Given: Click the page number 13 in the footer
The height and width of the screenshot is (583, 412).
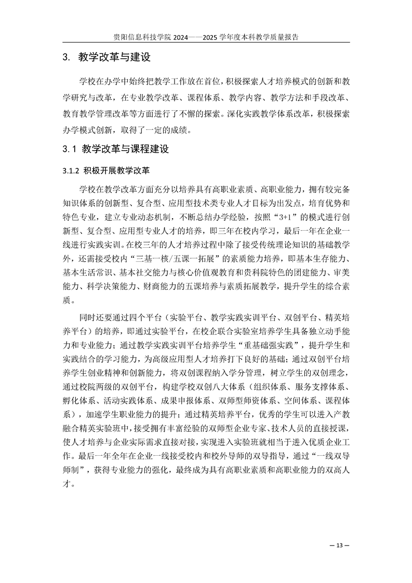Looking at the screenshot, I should click(x=340, y=545).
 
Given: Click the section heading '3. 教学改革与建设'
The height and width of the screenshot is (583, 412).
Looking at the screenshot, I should click(x=107, y=57).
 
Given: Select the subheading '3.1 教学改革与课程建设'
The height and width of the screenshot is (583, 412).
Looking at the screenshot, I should click(x=116, y=149).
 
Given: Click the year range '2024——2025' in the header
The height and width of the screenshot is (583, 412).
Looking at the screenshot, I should click(x=195, y=37).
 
